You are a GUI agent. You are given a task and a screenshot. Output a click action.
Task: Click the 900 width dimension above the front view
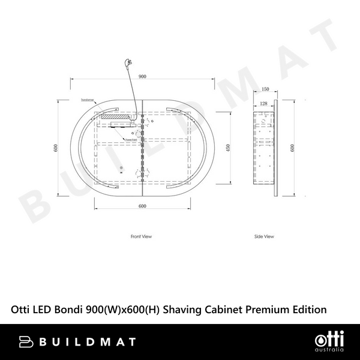click(142, 76)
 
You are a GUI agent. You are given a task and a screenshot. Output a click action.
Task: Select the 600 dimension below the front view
click(142, 206)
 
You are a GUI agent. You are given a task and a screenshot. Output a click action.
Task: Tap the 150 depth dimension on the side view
click(265, 89)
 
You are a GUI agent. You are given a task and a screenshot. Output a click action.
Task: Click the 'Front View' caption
click(142, 237)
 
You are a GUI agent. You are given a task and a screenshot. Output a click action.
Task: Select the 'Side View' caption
click(264, 237)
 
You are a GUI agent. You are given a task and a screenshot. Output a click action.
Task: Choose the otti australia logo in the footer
click(328, 341)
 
